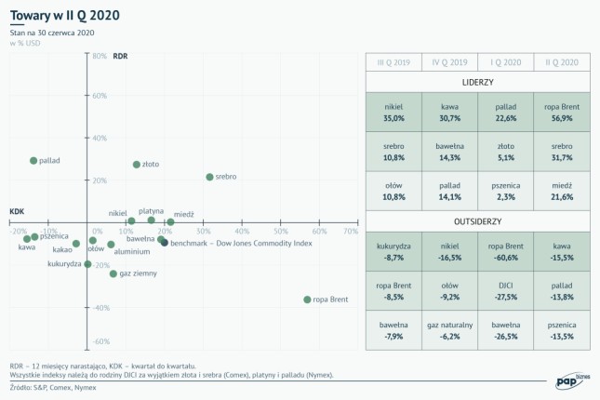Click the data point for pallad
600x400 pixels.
tap(33, 161)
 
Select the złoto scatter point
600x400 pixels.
tap(137, 165)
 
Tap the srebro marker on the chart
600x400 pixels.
tap(209, 177)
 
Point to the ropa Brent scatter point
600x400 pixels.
tap(308, 300)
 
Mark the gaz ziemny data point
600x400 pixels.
tap(113, 273)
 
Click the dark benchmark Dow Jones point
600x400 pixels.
tap(165, 242)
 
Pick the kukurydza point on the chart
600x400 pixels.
tap(88, 264)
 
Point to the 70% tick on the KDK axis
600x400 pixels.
tap(351, 232)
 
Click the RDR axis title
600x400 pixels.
tap(119, 57)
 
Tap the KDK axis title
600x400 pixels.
tap(17, 211)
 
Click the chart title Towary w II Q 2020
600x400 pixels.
tap(64, 17)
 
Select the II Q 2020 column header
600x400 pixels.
tap(561, 61)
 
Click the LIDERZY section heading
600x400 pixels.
tap(476, 83)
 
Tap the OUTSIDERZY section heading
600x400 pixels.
tap(476, 222)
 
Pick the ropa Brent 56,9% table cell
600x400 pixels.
tap(561, 113)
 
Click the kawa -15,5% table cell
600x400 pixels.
tap(561, 252)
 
